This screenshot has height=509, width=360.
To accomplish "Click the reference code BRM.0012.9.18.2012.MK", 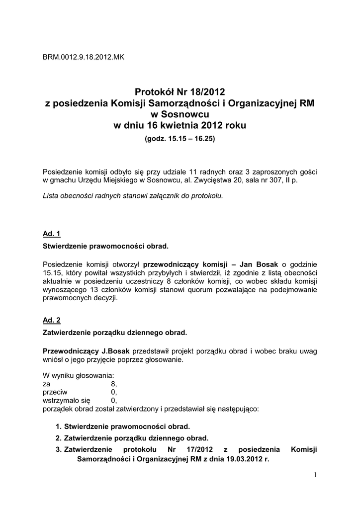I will pos(84,57).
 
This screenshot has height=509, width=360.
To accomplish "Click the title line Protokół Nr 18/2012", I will pos(180,92).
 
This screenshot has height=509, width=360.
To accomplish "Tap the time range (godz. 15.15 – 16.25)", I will pos(180,139).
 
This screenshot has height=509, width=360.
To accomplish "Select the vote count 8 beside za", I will pos(113,384).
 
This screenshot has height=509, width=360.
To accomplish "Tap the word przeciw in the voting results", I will pos(55,392).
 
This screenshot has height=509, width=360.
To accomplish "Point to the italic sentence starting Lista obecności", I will pos(133,196).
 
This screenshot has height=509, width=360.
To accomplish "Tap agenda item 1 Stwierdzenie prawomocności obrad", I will pos(127,426).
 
